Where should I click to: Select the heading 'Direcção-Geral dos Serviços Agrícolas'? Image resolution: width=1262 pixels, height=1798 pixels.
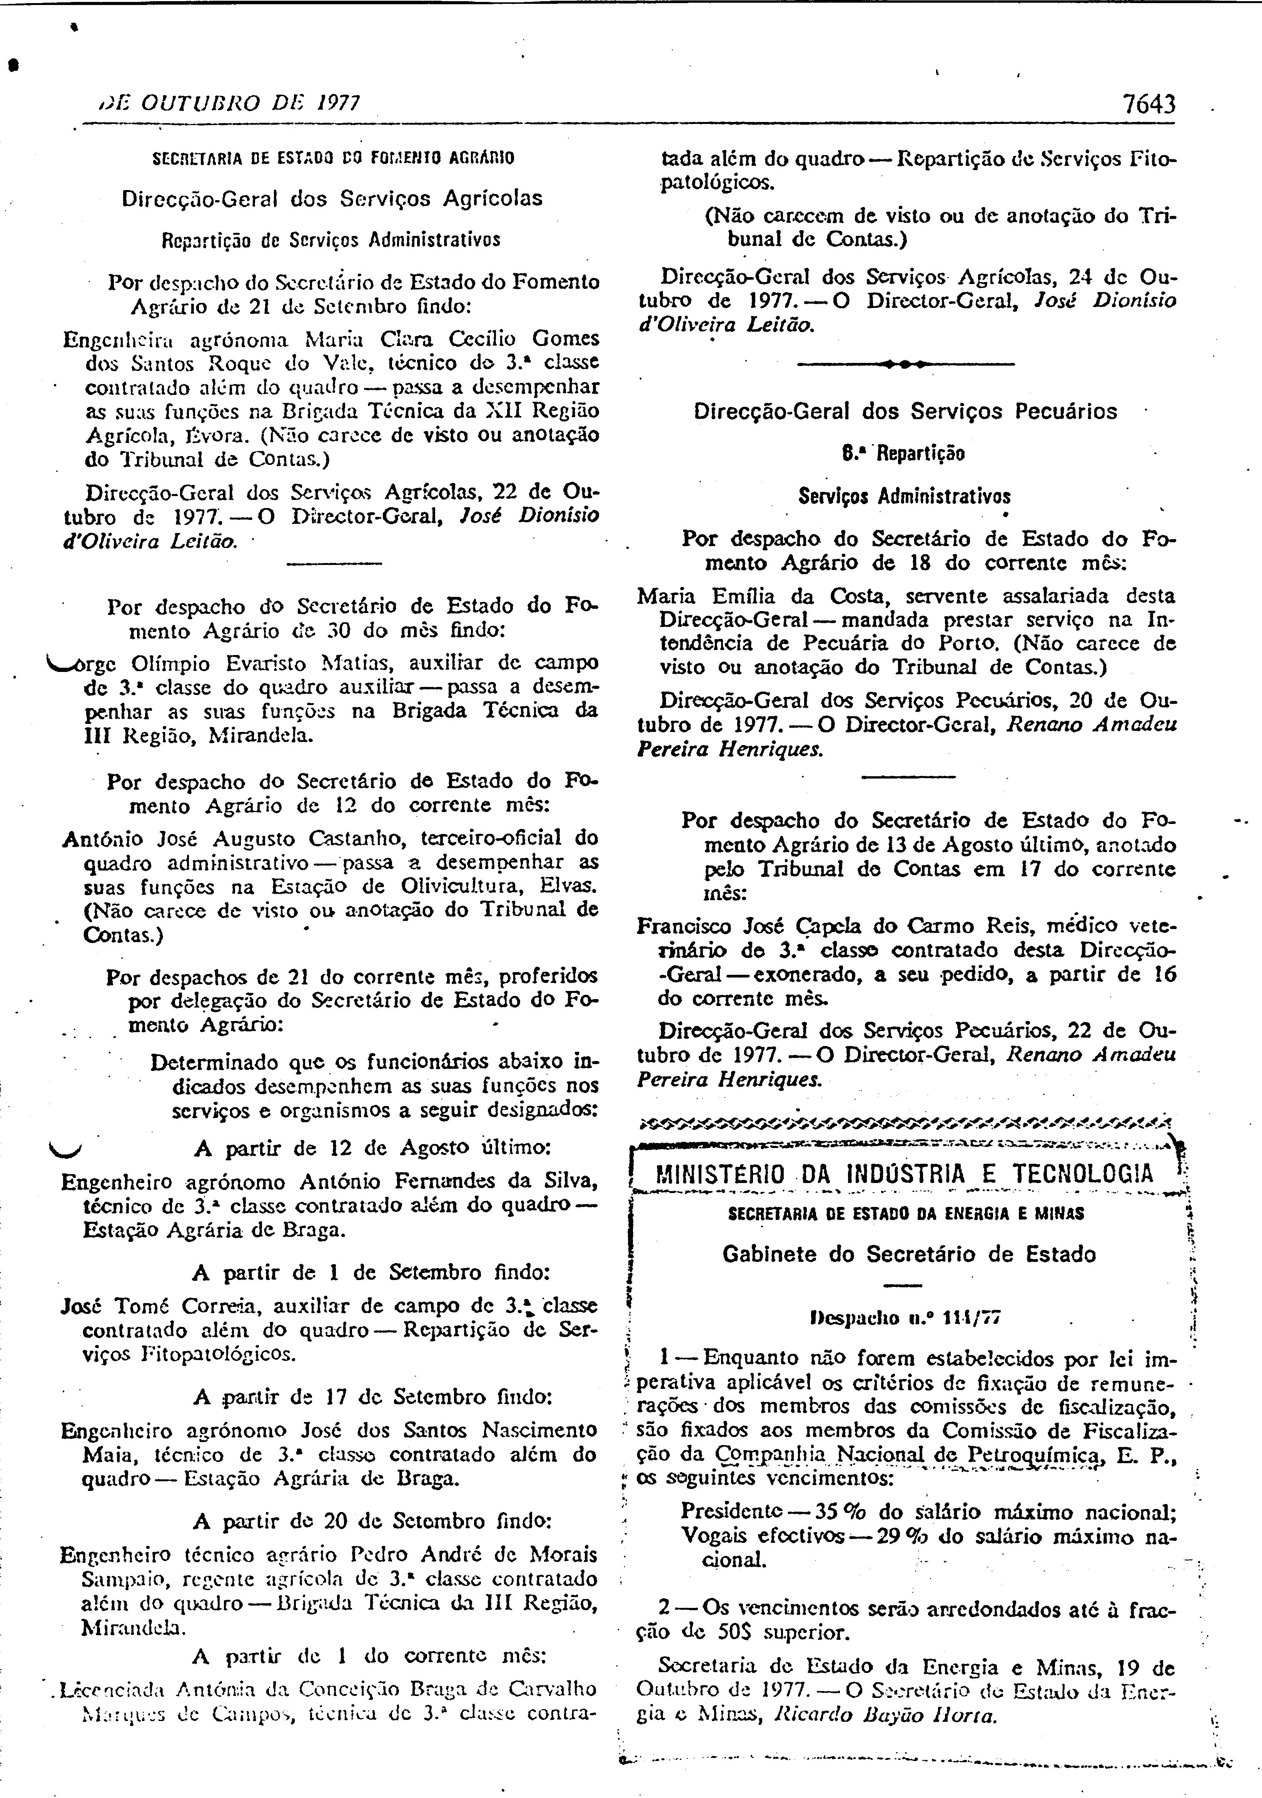tap(332, 199)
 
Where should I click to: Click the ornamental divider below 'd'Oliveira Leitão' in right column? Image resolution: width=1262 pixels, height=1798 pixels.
tap(904, 364)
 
